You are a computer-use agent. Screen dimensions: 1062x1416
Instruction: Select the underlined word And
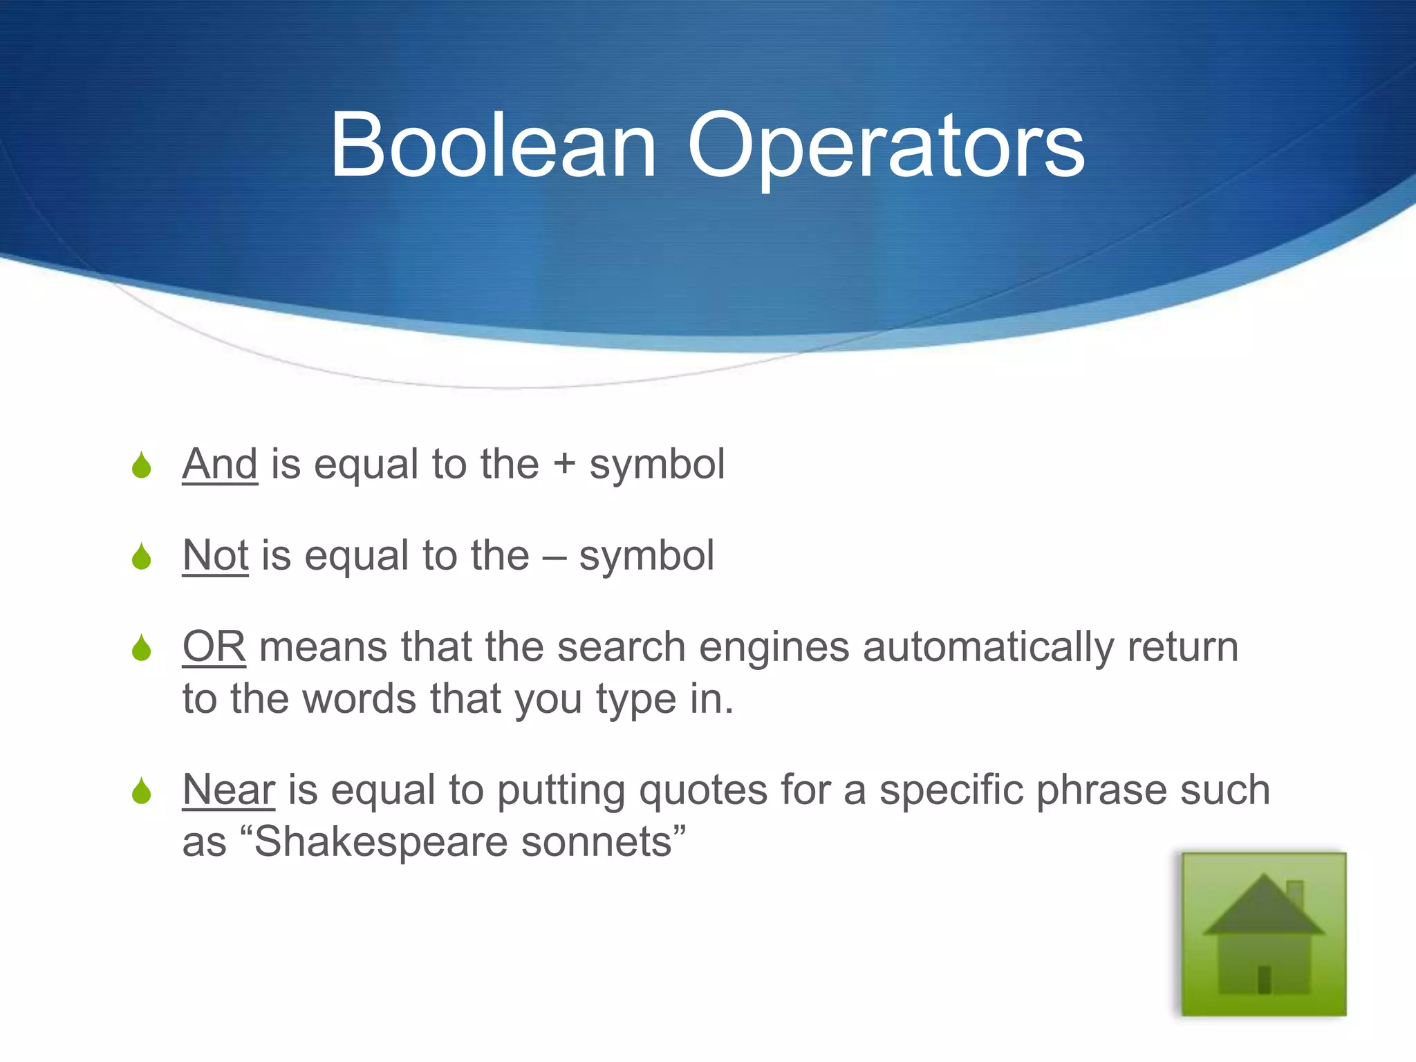click(220, 464)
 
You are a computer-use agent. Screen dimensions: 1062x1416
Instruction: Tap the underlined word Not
click(215, 555)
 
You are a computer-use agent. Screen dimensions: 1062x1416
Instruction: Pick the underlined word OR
click(214, 647)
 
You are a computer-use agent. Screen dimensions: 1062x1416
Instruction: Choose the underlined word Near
click(228, 790)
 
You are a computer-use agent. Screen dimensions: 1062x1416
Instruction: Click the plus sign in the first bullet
click(564, 464)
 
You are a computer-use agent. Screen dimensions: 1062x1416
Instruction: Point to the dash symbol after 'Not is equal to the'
click(554, 557)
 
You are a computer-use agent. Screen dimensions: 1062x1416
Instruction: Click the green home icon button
click(1264, 934)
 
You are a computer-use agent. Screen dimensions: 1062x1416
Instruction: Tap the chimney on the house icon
click(1295, 893)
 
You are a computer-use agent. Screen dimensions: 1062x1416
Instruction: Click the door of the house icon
click(1265, 980)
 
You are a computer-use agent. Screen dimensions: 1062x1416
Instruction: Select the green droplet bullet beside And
click(142, 465)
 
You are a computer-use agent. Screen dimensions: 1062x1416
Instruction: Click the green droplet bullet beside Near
click(142, 791)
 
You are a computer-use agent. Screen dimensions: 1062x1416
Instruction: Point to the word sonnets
click(597, 843)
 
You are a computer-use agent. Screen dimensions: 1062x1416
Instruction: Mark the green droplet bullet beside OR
click(142, 648)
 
